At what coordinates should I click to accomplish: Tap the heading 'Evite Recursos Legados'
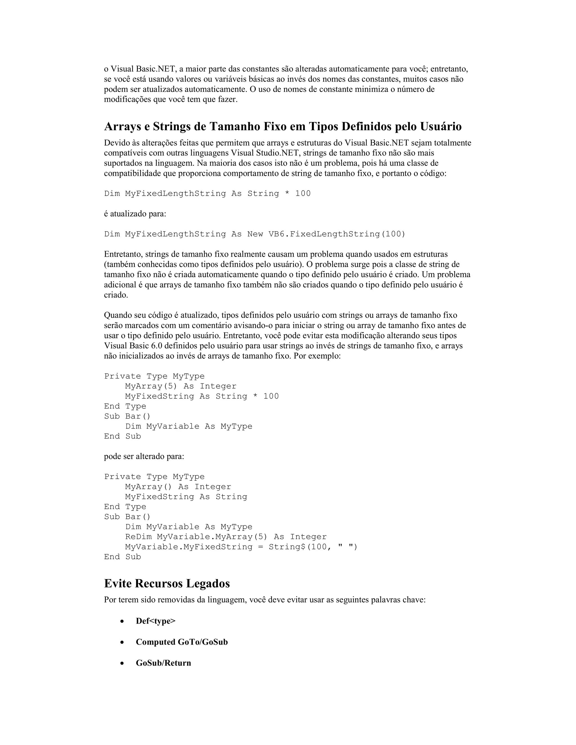pyautogui.click(x=167, y=583)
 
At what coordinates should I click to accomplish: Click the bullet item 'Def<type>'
pyautogui.click(x=156, y=621)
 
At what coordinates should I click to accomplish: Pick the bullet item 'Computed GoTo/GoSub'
pyautogui.click(x=181, y=642)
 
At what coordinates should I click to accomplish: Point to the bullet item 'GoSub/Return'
pyautogui.click(x=163, y=663)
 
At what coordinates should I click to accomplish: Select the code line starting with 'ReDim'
pyautogui.click(x=226, y=537)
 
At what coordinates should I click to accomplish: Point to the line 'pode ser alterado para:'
pyautogui.click(x=144, y=456)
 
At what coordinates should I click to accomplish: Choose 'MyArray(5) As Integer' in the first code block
pyautogui.click(x=181, y=386)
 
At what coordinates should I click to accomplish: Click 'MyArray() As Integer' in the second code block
pyautogui.click(x=178, y=487)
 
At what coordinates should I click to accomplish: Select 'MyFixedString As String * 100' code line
pyautogui.click(x=202, y=396)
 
